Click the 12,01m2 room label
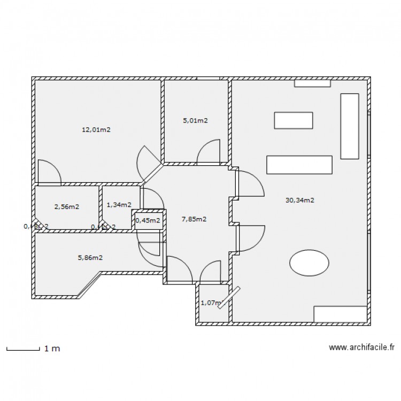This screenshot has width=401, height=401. (96, 129)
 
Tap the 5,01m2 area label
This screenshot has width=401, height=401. (195, 121)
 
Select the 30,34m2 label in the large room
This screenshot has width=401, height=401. (299, 200)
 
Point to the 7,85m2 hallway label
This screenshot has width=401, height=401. (194, 219)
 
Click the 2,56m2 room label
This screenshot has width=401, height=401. (66, 206)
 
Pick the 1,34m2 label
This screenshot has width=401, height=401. (119, 205)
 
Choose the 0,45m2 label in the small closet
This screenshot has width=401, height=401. (148, 220)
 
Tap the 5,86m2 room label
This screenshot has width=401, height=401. (90, 257)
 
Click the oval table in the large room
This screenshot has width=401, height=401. (309, 263)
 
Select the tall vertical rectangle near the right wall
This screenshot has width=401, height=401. (349, 126)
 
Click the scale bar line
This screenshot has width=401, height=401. (23, 350)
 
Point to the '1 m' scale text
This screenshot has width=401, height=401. (52, 349)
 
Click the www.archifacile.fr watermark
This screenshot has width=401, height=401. (361, 348)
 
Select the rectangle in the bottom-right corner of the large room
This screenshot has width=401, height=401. (340, 314)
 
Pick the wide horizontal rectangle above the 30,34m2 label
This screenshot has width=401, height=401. (299, 165)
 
